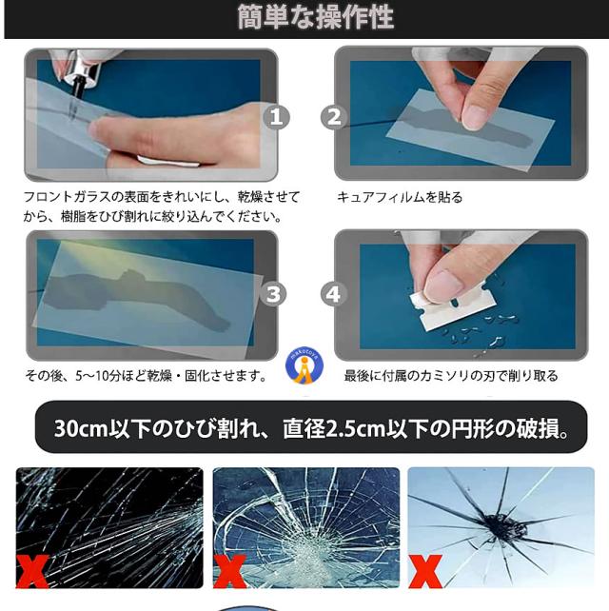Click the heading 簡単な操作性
tap(316, 17)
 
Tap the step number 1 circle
tap(276, 117)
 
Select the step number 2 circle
tap(334, 117)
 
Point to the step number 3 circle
tap(273, 294)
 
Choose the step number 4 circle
tap(333, 294)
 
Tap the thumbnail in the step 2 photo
tap(474, 116)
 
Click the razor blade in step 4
tap(452, 307)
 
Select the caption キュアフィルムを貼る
tap(400, 197)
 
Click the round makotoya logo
tap(304, 365)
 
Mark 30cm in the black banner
tap(81, 428)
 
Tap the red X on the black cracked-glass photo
tap(32, 571)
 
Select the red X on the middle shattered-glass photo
tap(230, 571)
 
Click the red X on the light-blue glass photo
tap(425, 571)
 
